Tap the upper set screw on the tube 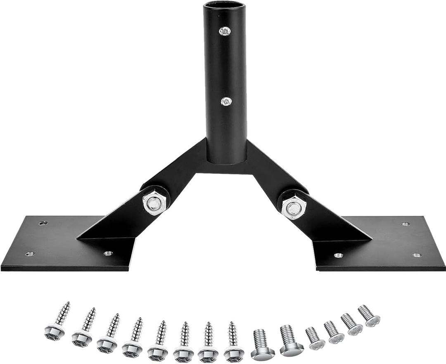(x=225, y=31)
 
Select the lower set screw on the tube (x=226, y=101)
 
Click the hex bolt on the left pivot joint (x=154, y=203)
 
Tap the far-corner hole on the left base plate (x=43, y=223)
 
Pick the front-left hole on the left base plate (x=30, y=254)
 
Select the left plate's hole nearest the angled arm (x=108, y=253)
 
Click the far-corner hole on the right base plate (x=406, y=224)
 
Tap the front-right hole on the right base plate (x=417, y=255)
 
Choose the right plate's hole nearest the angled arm (x=339, y=255)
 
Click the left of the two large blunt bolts (x=262, y=345)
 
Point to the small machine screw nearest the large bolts (x=315, y=338)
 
